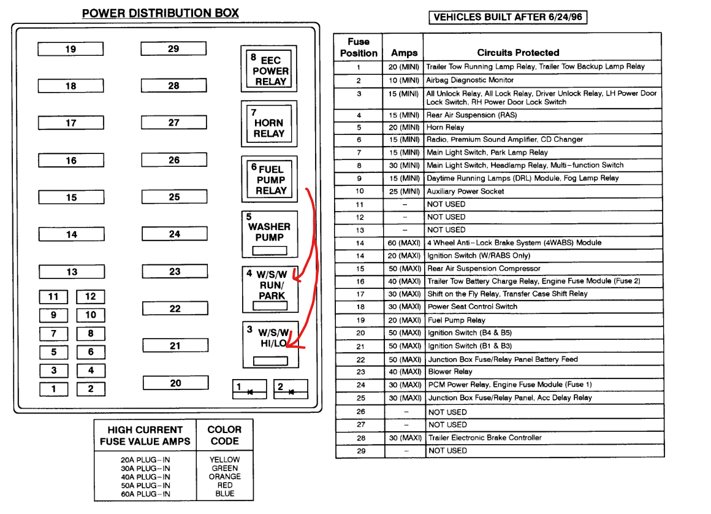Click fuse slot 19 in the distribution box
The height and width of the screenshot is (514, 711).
tap(70, 49)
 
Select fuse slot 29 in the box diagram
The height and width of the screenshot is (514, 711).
tap(173, 48)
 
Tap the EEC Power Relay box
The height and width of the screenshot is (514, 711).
tap(268, 69)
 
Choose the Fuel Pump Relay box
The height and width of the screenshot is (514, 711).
tap(269, 178)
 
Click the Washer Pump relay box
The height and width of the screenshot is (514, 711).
tap(269, 234)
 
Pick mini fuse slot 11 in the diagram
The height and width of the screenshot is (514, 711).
tap(53, 297)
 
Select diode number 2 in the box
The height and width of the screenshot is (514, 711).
tap(291, 389)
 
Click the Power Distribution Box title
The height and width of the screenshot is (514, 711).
tap(161, 13)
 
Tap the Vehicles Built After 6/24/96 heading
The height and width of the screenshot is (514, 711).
tap(508, 17)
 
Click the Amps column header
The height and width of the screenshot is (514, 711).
tap(404, 53)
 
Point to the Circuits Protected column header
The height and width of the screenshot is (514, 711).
tap(518, 53)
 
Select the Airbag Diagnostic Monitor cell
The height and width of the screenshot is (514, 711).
tap(470, 80)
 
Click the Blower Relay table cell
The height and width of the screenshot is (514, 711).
tap(450, 372)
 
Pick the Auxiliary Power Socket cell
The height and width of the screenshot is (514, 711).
tap(466, 191)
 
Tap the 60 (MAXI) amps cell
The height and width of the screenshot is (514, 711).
tap(404, 243)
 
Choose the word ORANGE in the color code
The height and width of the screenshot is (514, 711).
tap(225, 477)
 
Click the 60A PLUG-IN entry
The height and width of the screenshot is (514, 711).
tap(146, 494)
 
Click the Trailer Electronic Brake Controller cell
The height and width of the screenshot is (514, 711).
tap(484, 438)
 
